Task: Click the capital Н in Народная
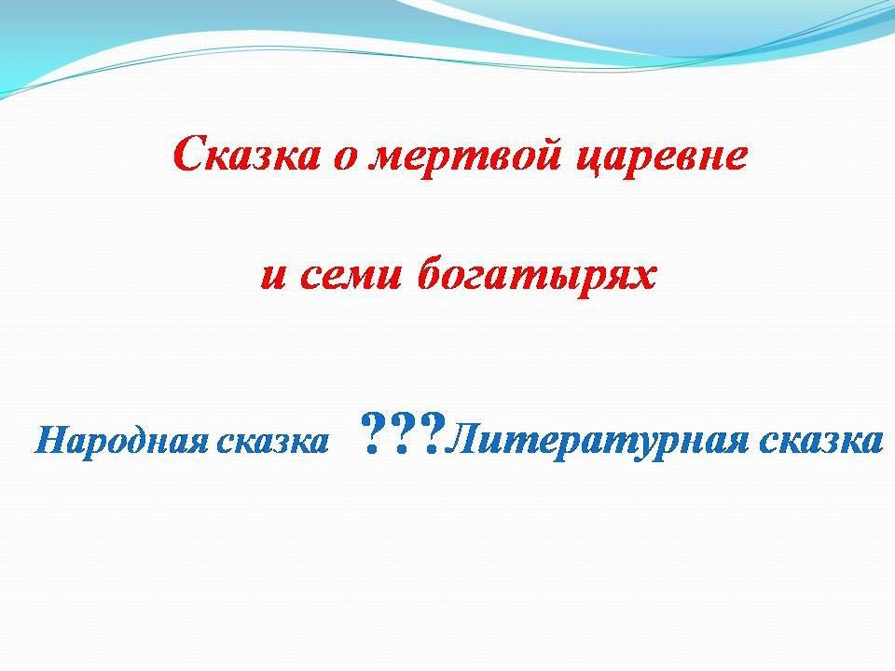(x=54, y=440)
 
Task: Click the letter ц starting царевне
(x=589, y=162)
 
